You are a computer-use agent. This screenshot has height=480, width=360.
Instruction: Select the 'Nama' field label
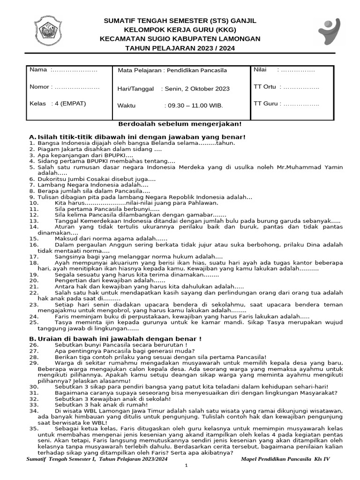point(38,70)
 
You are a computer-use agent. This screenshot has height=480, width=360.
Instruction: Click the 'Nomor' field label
point(40,87)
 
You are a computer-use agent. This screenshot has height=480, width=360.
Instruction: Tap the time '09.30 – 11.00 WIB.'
point(194,105)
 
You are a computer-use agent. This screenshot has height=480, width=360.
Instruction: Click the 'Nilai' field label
point(260,70)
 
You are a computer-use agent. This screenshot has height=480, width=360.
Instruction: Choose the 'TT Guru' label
point(265,104)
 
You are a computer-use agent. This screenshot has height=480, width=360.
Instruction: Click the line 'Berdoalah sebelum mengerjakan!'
point(180,124)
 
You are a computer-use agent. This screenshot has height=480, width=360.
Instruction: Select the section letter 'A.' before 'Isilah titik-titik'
point(32,136)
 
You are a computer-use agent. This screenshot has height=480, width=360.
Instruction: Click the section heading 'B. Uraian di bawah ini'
point(115,338)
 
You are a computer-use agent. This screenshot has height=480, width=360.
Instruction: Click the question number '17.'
point(33,257)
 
